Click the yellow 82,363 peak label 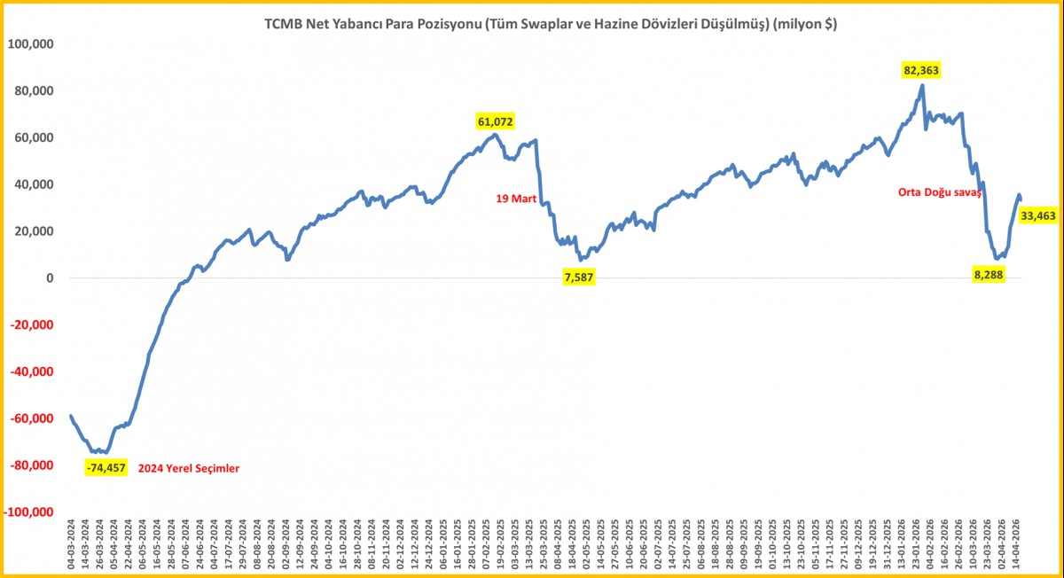[x=921, y=70]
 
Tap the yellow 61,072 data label [x=495, y=121]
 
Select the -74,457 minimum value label [x=106, y=468]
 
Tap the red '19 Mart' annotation [x=515, y=199]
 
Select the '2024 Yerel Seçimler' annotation [x=189, y=468]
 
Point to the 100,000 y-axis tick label [x=30, y=43]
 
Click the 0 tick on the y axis [x=50, y=278]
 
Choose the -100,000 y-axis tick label [x=28, y=512]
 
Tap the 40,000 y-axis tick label [x=34, y=184]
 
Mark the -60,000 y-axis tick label [x=32, y=418]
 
